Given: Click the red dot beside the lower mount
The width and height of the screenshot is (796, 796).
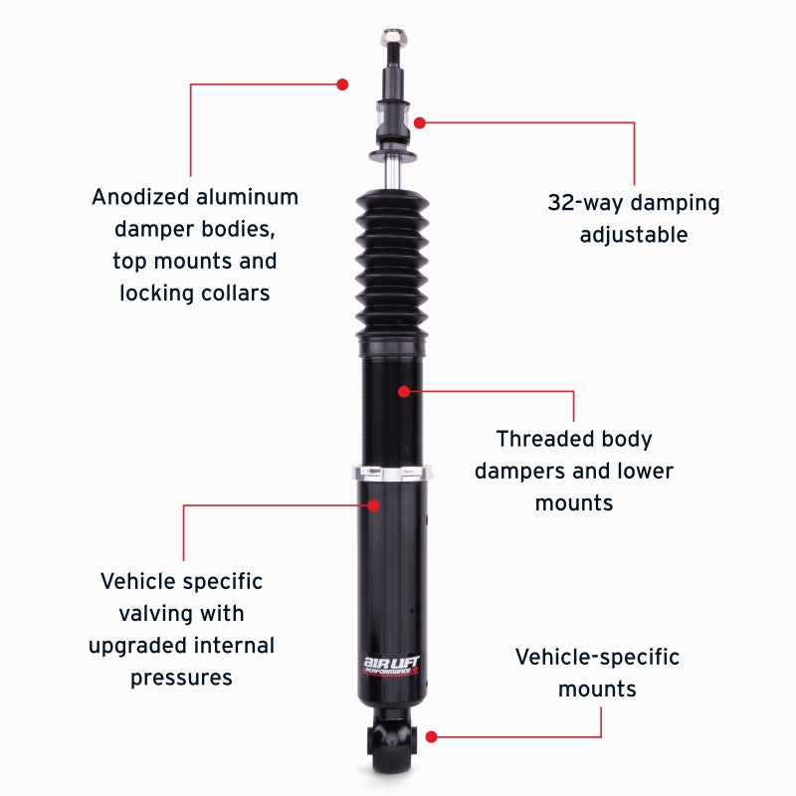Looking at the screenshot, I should click(x=431, y=736).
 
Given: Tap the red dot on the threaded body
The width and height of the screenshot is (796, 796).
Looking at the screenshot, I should click(x=403, y=391).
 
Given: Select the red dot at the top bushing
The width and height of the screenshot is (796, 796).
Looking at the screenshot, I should click(x=420, y=122).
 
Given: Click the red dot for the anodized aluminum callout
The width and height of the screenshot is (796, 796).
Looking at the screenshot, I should click(x=342, y=85).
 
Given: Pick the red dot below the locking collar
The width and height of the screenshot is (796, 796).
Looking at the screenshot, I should click(x=374, y=504).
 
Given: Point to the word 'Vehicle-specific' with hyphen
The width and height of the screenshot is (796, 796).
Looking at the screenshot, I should click(x=597, y=657).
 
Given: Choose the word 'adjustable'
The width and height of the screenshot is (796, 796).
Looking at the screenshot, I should click(x=633, y=236).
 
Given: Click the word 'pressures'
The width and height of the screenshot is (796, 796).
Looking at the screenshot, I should click(x=181, y=678).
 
